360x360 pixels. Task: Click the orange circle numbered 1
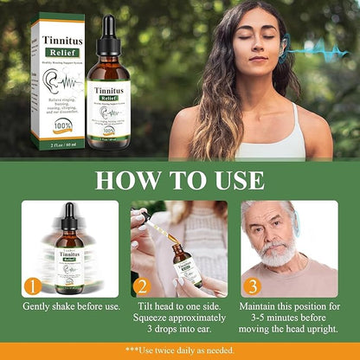click(32, 285)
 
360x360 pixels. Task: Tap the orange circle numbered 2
click(143, 285)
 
